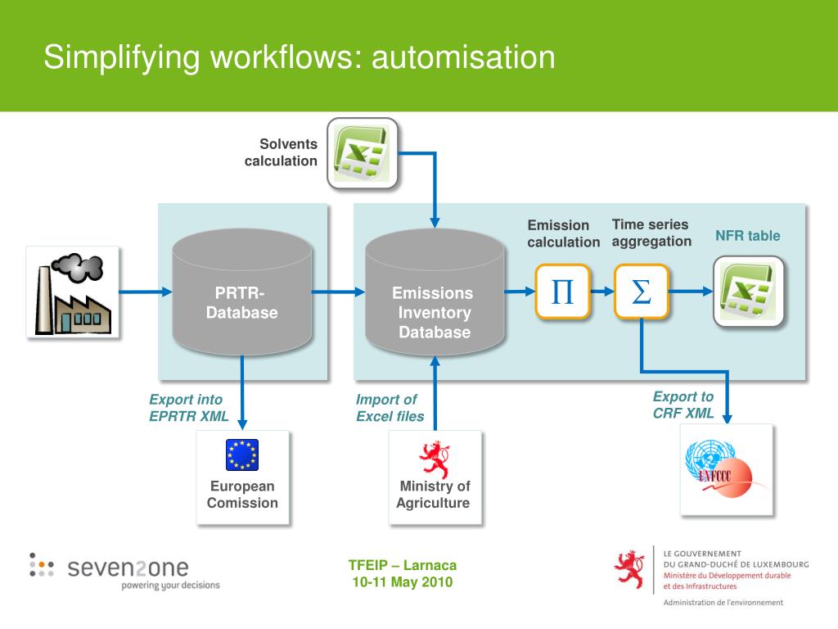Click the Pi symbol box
point(562,292)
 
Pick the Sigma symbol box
point(642,292)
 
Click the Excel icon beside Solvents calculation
point(363,152)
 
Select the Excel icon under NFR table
point(748,292)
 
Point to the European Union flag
point(242,455)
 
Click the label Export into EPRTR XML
point(188,408)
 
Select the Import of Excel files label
point(390,408)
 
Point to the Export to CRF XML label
point(683,405)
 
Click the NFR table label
point(748,236)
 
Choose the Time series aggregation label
point(651,233)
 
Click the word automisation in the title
point(463,57)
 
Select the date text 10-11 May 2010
point(403,582)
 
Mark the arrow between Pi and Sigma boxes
point(602,292)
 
